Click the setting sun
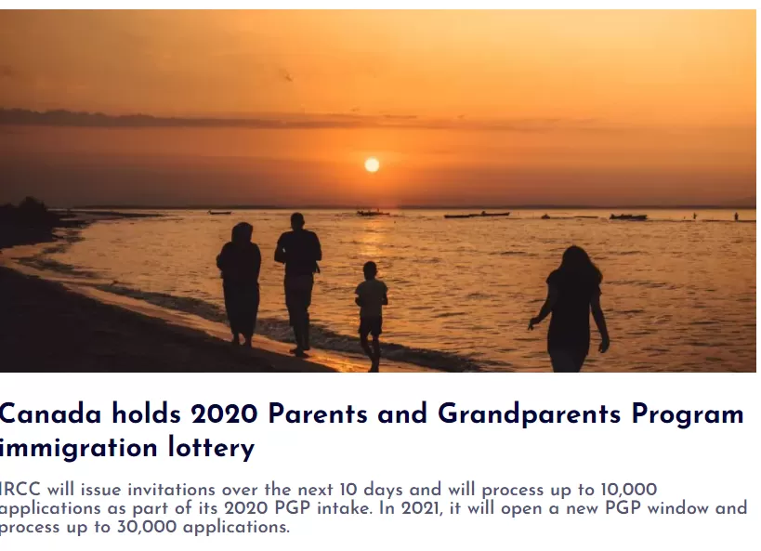[x=372, y=165]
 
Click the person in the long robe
[x=240, y=284]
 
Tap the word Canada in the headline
[x=50, y=414]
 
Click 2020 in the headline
[x=224, y=414]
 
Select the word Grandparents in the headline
[x=529, y=415]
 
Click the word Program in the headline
[x=688, y=415]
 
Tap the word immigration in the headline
[x=79, y=448]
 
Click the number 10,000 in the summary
[x=629, y=490]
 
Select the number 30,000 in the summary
[x=147, y=527]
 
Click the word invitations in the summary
[x=171, y=490]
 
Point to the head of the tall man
[x=297, y=220]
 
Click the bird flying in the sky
[x=288, y=76]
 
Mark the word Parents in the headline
[x=318, y=414]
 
